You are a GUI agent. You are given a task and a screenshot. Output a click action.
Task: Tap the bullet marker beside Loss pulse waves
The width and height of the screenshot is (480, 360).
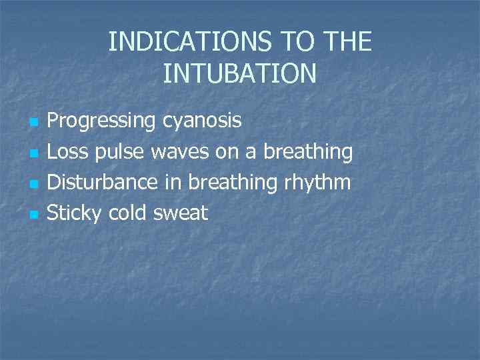coord(33,154)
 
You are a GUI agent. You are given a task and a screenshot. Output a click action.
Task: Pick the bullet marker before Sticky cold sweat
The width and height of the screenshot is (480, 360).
coord(33,215)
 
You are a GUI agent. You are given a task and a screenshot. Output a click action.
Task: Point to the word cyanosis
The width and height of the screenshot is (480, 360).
coord(203,121)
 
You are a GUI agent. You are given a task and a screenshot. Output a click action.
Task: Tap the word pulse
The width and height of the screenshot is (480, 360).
coord(121,152)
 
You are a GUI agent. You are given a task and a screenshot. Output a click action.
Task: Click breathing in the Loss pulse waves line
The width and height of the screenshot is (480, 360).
coord(308,152)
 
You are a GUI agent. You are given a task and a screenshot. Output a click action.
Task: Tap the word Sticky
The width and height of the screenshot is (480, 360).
coord(76,213)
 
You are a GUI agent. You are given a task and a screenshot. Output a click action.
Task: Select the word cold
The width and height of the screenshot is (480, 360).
coord(129,213)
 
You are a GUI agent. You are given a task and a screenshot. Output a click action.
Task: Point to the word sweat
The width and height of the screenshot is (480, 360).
coord(181,213)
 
